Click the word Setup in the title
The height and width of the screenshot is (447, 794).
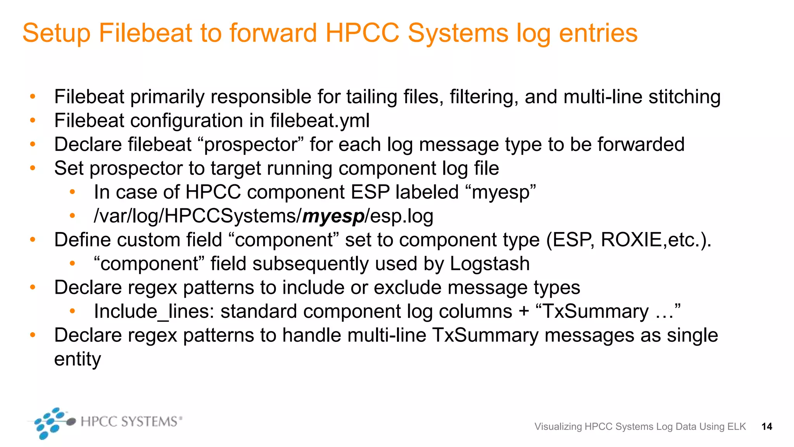56,33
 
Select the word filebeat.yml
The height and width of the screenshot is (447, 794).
320,121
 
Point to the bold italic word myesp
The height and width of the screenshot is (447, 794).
333,217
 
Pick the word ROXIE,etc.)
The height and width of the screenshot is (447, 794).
656,240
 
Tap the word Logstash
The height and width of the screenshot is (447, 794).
490,264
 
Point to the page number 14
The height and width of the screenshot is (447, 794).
766,427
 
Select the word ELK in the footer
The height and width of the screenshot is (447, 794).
737,427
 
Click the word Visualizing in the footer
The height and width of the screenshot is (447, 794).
558,427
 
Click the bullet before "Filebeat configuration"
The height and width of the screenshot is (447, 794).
33,121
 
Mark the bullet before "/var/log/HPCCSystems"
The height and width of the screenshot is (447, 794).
72,216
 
